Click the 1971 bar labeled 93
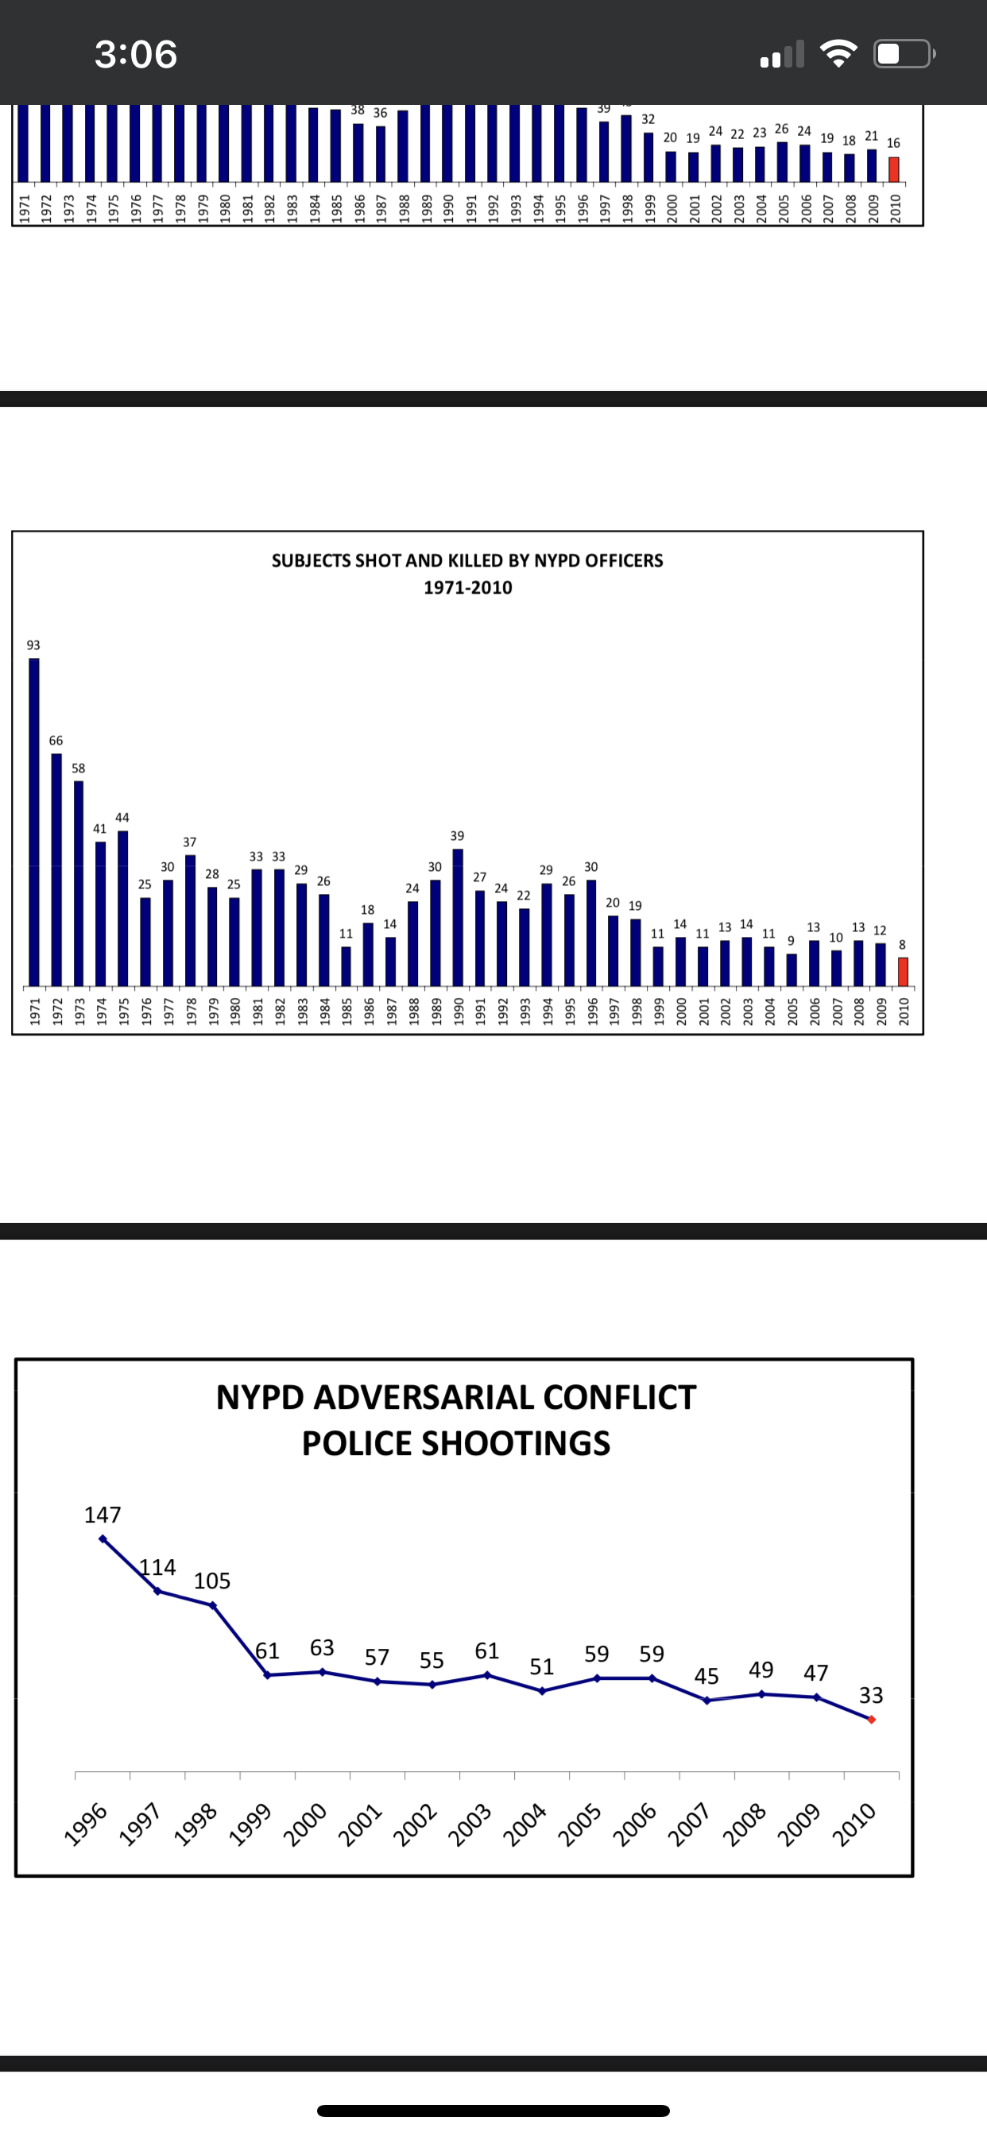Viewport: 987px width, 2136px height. click(34, 821)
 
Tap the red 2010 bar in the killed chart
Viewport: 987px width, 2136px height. click(903, 971)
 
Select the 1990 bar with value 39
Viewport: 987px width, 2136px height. click(457, 917)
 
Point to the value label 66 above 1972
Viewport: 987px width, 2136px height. click(56, 741)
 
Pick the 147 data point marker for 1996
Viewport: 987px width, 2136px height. click(103, 1538)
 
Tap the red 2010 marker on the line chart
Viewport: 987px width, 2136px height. click(871, 1720)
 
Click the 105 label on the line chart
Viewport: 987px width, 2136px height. click(211, 1581)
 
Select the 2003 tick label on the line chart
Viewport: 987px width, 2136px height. click(470, 1825)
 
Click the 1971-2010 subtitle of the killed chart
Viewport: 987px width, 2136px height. click(468, 588)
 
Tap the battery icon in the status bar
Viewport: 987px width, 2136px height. click(904, 54)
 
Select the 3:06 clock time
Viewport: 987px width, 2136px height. click(136, 54)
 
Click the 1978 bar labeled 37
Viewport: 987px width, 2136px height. click(190, 919)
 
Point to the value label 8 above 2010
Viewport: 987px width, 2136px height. click(903, 945)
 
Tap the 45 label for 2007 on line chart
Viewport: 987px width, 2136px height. click(706, 1676)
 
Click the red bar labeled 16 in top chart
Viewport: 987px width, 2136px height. click(893, 169)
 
